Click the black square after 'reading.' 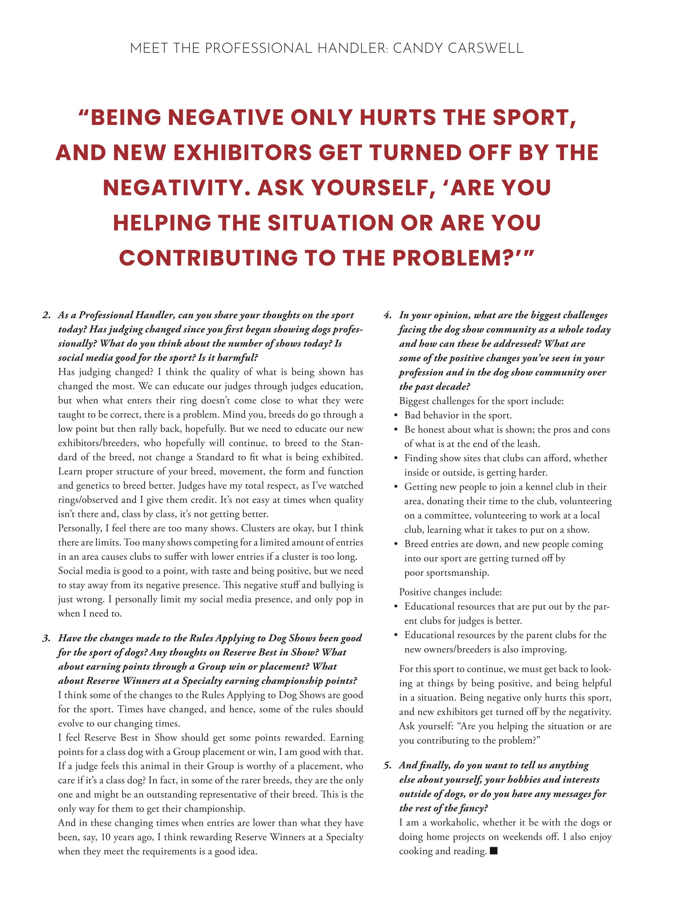(494, 851)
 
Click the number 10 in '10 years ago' (106, 837)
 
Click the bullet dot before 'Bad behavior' (396, 416)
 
